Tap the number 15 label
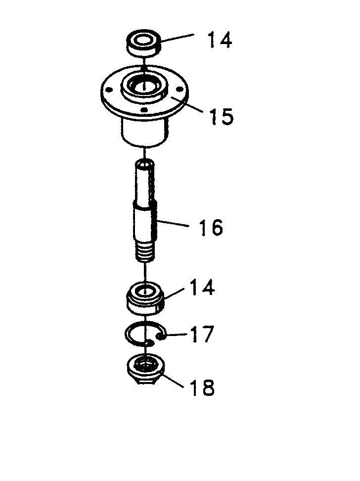tap(222, 116)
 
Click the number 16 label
tap(211, 227)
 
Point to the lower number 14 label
tap(202, 287)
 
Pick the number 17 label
tap(201, 334)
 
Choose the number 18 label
tap(202, 387)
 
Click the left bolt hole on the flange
tap(108, 90)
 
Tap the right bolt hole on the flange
tap(180, 90)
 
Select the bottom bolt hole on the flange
tap(143, 109)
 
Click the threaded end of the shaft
tap(145, 251)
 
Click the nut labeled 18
tap(145, 369)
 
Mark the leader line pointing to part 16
tap(172, 223)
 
